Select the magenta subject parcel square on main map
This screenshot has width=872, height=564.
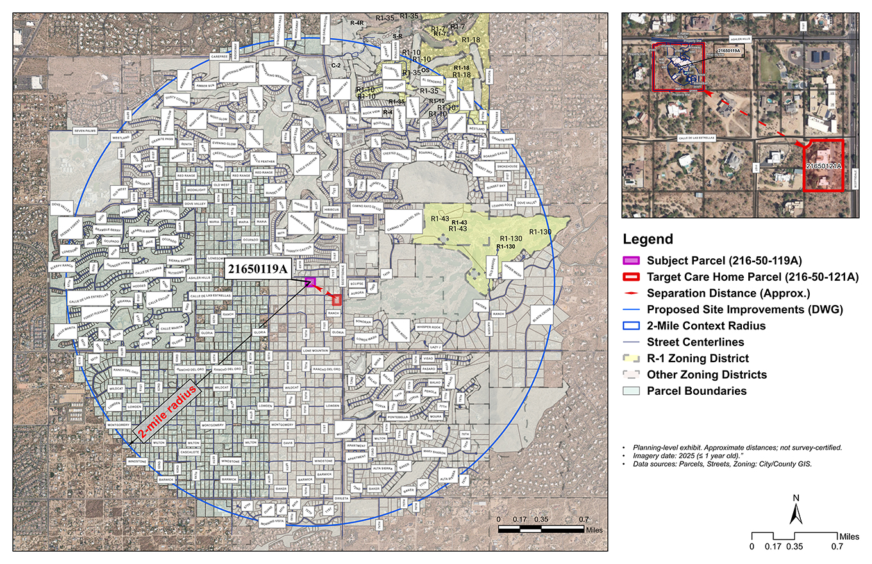click(x=311, y=282)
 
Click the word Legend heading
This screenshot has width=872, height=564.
click(x=648, y=240)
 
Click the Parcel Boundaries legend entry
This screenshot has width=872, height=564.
click(x=687, y=391)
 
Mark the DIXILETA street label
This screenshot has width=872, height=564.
click(x=341, y=497)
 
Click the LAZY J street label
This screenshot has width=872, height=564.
click(x=436, y=347)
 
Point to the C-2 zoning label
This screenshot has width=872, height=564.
click(x=335, y=65)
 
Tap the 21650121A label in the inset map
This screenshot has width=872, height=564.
click(x=823, y=166)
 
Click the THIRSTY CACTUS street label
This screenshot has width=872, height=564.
click(x=299, y=251)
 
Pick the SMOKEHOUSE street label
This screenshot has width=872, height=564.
click(x=507, y=166)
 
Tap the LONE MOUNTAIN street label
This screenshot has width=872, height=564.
click(x=315, y=351)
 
